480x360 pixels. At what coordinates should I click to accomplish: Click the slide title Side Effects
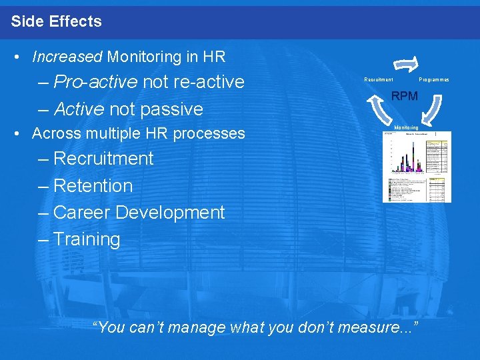pos(57,21)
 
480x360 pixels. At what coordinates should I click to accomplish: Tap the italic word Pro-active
pos(95,82)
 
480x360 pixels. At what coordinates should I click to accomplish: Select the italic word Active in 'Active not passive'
pos(79,109)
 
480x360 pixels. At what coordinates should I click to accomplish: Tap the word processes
pos(209,133)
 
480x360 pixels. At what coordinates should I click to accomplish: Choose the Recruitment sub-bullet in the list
pos(103,159)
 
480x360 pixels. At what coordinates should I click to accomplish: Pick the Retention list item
pos(93,186)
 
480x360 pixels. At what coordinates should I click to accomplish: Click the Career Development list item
pos(139,213)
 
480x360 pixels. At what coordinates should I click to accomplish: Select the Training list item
pos(87,239)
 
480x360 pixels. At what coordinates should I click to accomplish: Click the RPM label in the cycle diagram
pos(405,96)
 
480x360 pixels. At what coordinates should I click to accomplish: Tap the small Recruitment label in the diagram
pos(378,79)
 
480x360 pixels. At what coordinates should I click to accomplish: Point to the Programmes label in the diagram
pos(434,79)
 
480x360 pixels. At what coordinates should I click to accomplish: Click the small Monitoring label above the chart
pos(406,127)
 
